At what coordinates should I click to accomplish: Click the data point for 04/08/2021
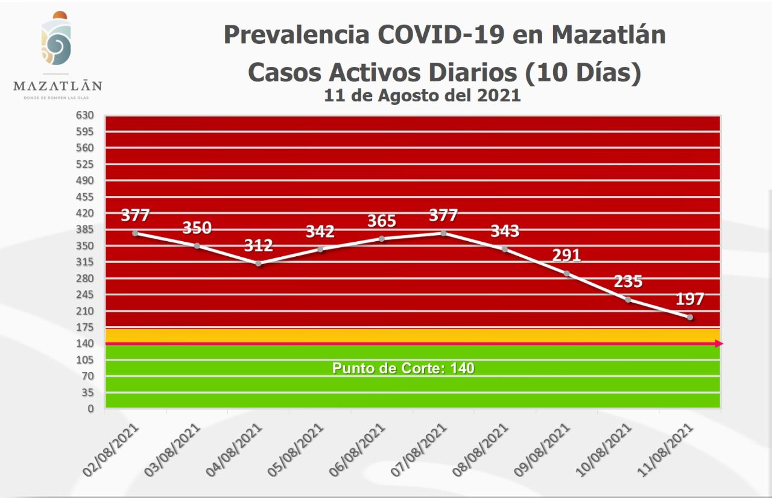[259, 263]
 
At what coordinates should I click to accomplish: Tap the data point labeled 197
[689, 317]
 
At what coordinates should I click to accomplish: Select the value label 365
[382, 221]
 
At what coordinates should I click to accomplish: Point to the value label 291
[566, 255]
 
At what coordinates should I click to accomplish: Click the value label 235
[628, 282]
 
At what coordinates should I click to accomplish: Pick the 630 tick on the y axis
[85, 115]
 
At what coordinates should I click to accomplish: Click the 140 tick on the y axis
[85, 343]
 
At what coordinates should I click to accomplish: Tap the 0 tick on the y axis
[90, 408]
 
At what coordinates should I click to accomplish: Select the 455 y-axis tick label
[85, 197]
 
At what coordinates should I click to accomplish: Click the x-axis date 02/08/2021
[113, 449]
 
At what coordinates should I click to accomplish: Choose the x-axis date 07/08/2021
[420, 449]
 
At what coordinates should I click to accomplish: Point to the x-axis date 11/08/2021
[666, 449]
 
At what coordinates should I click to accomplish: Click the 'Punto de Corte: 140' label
[403, 368]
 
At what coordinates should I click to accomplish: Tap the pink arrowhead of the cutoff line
[719, 344]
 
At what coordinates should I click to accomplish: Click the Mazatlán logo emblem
[56, 39]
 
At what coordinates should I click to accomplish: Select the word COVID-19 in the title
[441, 34]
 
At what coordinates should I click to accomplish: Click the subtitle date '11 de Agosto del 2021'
[422, 95]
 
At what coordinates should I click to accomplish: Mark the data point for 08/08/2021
[505, 248]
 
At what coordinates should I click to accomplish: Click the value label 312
[259, 245]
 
